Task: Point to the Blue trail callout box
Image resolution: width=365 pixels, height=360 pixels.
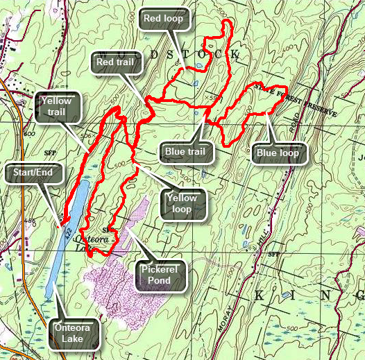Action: coord(185,151)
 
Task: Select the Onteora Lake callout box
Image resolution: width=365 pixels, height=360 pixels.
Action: coord(76,332)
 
